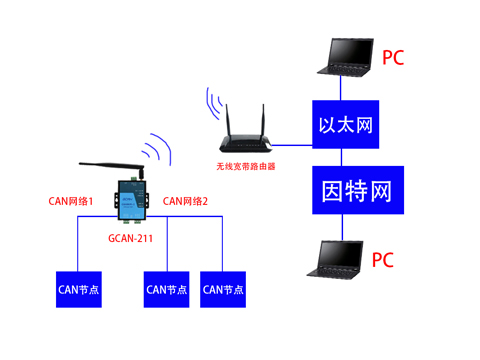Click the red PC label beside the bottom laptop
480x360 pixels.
(x=383, y=260)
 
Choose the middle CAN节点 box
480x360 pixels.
(x=166, y=289)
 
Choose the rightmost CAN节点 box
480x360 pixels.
(x=222, y=289)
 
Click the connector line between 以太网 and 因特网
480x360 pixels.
(x=344, y=157)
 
